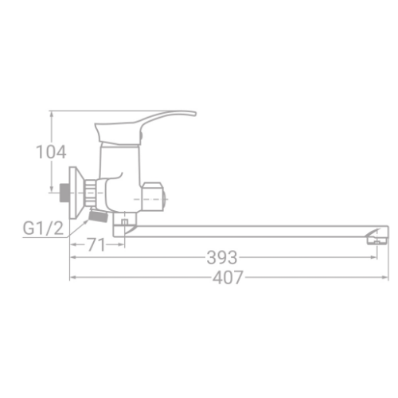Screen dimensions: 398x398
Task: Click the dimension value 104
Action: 51,152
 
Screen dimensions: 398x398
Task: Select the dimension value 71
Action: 96,244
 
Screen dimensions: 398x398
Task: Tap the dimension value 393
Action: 222,257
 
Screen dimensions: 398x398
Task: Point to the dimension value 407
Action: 228,277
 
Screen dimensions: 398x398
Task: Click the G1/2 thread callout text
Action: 43,228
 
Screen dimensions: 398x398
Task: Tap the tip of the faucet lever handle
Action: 195,114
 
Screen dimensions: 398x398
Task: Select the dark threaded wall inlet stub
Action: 64,193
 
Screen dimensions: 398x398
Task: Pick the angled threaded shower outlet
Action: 98,215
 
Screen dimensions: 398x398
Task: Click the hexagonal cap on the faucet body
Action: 154,197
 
